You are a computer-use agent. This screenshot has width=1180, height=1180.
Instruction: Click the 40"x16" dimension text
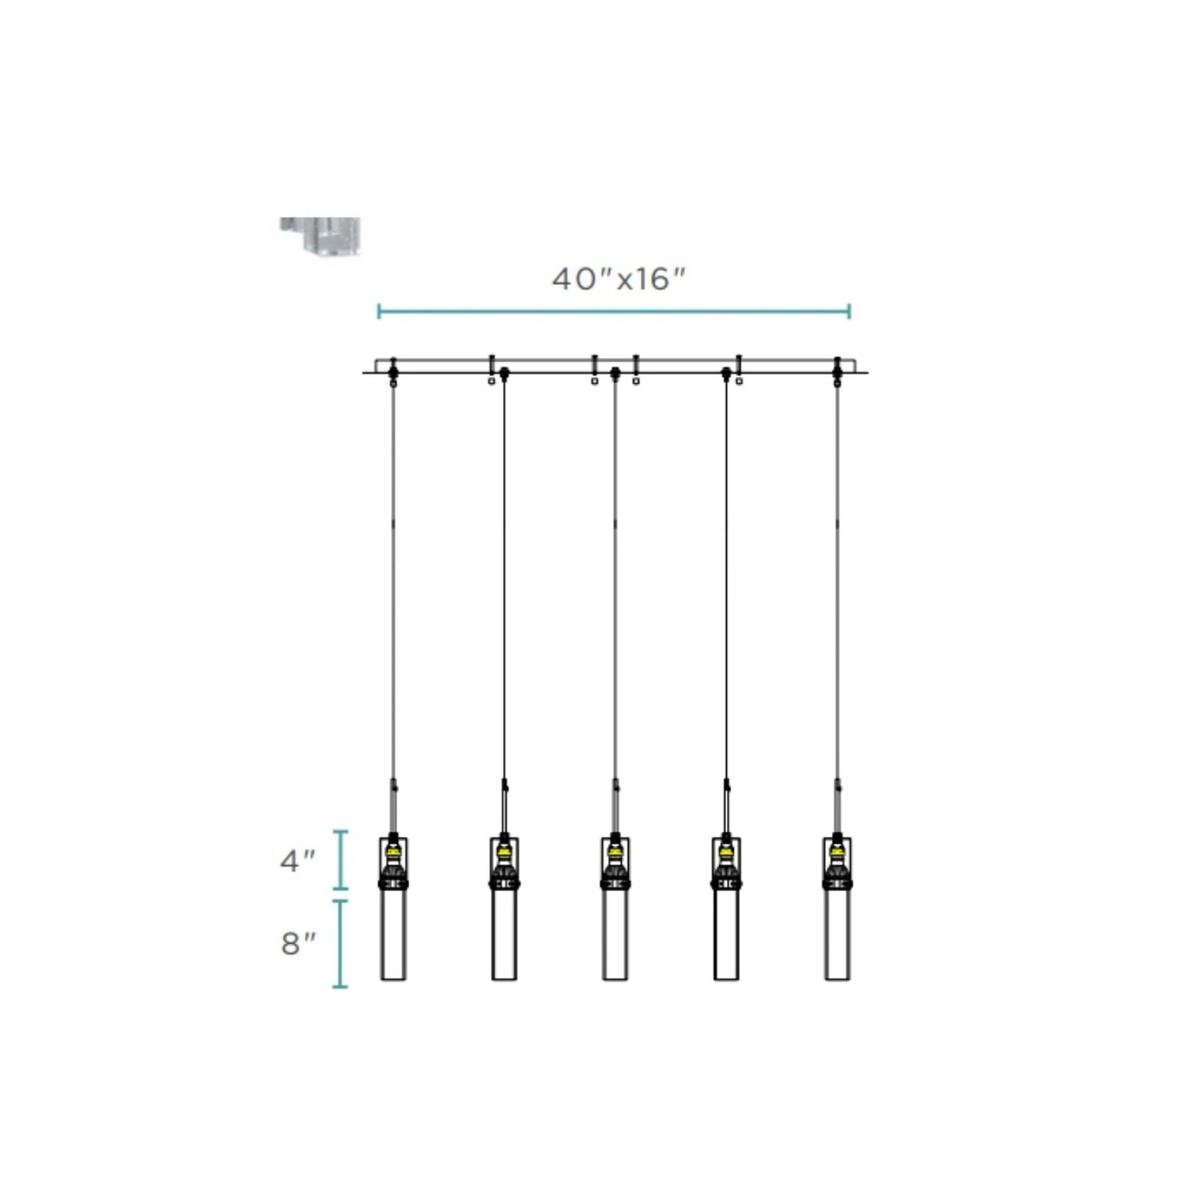click(x=619, y=280)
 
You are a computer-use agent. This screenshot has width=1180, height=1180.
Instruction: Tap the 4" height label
click(x=297, y=861)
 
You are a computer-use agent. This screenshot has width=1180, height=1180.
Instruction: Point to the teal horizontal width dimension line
click(x=614, y=311)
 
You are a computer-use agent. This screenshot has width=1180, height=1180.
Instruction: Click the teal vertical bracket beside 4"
click(x=340, y=860)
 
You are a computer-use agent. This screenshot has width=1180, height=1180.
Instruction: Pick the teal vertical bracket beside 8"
click(x=340, y=944)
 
